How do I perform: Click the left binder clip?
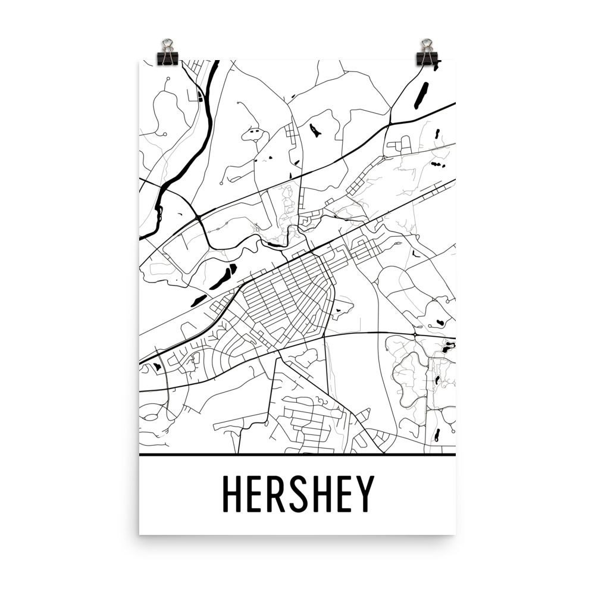click(166, 56)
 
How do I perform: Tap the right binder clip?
click(426, 56)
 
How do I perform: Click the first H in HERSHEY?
click(234, 494)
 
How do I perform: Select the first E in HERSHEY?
click(257, 494)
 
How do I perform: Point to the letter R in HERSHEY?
click(278, 494)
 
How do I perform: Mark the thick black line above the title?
click(297, 455)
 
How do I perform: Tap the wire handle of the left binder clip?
click(167, 45)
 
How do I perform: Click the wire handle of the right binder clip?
click(427, 45)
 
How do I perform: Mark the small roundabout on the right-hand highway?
click(415, 335)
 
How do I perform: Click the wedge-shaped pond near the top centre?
click(314, 129)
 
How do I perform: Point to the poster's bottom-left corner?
click(140, 534)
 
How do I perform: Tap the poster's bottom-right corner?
click(455, 534)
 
